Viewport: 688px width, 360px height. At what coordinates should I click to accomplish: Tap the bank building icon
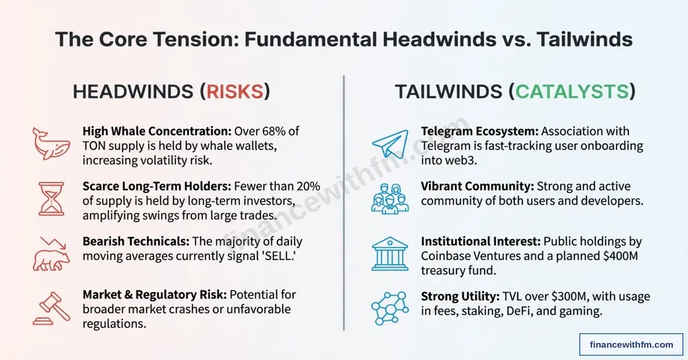pos(390,252)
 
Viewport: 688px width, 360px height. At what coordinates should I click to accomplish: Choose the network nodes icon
pos(389,306)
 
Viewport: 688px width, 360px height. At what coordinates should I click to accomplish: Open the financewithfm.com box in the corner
pos(631,345)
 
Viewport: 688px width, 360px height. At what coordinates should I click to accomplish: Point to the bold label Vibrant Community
pos(470,186)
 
